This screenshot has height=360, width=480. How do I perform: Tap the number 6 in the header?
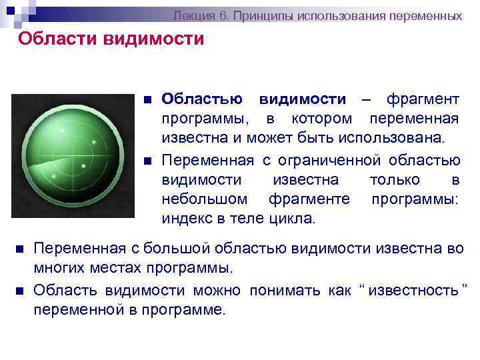click(x=215, y=15)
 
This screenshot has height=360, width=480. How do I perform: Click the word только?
click(x=394, y=180)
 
